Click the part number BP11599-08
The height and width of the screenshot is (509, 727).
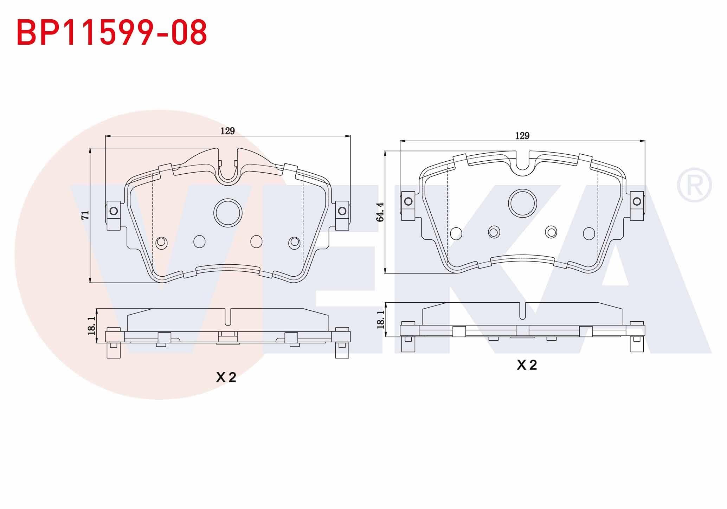[112, 33]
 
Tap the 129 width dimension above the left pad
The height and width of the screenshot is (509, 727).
[227, 131]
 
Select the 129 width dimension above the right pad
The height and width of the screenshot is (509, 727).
[522, 136]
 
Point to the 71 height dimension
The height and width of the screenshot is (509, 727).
[85, 215]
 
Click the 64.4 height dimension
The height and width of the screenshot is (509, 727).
[380, 212]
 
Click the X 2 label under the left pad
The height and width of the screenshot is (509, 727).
[226, 377]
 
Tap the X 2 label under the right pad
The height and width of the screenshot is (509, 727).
[527, 365]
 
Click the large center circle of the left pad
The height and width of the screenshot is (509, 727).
[228, 213]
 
